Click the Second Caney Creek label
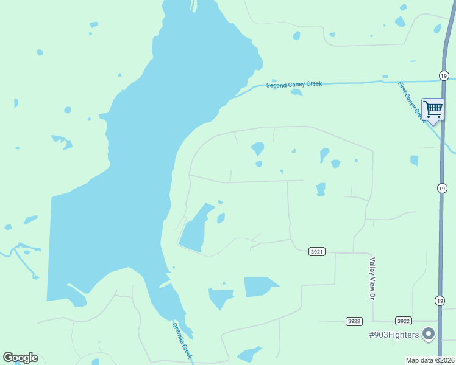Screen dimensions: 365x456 pos(294,85)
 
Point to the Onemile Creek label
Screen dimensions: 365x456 pos(182,339)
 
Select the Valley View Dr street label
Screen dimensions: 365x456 pos(371,278)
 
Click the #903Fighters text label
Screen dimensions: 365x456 pos(394,335)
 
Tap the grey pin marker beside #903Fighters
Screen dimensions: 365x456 pos(429,333)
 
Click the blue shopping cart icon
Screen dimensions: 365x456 pos(433,109)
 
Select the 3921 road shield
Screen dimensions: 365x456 pos(316,251)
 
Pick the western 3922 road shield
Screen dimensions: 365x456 pos(354,321)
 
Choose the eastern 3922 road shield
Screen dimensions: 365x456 pos(403,321)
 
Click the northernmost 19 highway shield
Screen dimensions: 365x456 pos(443,75)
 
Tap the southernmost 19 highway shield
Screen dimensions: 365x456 pos(440,301)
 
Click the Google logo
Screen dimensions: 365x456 pos(20,358)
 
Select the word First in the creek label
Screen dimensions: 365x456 pos(403,89)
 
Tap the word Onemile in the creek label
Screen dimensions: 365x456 pos(178,332)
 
